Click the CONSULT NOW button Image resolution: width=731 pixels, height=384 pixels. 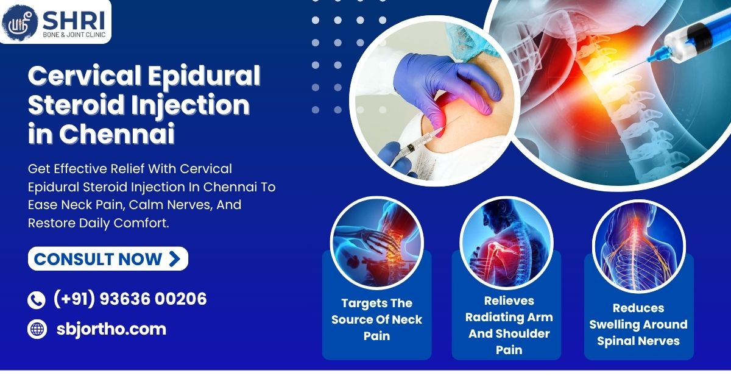(108, 258)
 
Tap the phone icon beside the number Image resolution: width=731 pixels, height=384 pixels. (36, 300)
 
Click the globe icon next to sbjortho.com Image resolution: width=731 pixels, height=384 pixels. (37, 329)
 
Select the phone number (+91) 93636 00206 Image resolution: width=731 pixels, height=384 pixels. (130, 299)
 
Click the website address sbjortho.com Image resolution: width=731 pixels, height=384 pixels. (111, 329)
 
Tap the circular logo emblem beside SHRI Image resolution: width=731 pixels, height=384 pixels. (19, 22)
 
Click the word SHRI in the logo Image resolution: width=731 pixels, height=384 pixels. (74, 21)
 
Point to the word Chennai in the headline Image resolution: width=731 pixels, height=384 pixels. (116, 133)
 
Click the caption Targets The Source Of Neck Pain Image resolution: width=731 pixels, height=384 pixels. (377, 319)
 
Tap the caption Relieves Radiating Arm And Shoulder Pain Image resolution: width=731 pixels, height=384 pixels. (509, 325)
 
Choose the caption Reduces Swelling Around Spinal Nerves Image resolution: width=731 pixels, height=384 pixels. (638, 324)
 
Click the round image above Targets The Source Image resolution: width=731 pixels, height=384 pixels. (377, 243)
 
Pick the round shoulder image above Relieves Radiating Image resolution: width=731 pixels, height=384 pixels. (506, 243)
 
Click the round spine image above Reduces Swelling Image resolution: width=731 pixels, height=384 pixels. (639, 246)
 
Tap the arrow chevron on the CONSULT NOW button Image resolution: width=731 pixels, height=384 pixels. (175, 259)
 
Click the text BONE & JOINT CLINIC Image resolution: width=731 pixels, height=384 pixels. (74, 35)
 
